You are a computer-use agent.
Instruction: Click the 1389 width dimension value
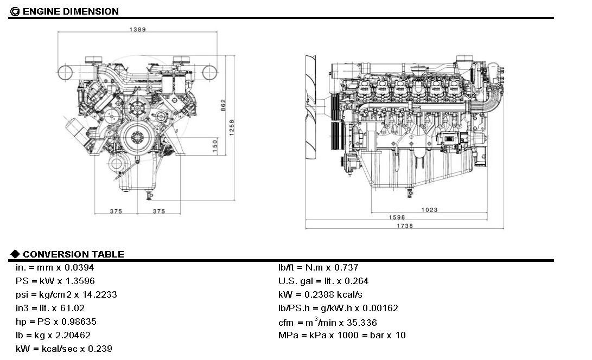(137, 29)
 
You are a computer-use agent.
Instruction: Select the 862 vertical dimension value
(223, 105)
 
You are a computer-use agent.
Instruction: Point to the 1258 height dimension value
(232, 127)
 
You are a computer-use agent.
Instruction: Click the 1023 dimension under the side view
(429, 210)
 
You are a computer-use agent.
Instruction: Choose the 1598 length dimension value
(397, 217)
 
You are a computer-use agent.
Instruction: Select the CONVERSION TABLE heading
(73, 254)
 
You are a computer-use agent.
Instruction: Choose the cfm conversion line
(328, 322)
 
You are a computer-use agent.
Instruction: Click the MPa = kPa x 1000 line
(342, 335)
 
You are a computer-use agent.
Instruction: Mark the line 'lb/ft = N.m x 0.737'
(319, 267)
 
